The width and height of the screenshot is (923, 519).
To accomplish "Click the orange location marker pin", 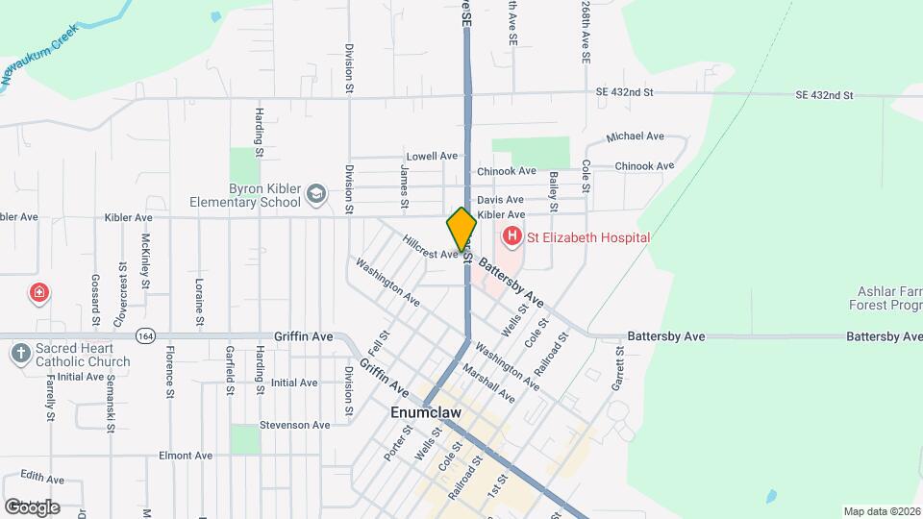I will pyautogui.click(x=461, y=229).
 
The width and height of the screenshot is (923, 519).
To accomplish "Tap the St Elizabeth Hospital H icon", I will pyautogui.click(x=511, y=236).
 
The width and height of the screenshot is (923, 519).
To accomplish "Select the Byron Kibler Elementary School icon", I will pyautogui.click(x=314, y=196).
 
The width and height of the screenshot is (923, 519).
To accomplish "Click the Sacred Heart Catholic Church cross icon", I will pyautogui.click(x=20, y=354).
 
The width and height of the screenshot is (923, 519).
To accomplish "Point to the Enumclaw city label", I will pyautogui.click(x=426, y=412).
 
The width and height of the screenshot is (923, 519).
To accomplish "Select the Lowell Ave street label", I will pyautogui.click(x=432, y=156).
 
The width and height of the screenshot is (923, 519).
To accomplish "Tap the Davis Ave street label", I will pyautogui.click(x=500, y=199).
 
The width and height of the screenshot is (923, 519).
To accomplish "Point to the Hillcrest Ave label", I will pyautogui.click(x=430, y=249).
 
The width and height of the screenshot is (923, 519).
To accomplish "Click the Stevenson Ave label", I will pyautogui.click(x=294, y=425).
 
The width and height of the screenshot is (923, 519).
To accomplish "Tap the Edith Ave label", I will pyautogui.click(x=43, y=478).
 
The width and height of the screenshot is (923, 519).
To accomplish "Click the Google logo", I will pyautogui.click(x=32, y=507).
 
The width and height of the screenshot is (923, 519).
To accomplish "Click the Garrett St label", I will pyautogui.click(x=616, y=370).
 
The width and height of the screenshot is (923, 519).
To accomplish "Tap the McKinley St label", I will pyautogui.click(x=146, y=260).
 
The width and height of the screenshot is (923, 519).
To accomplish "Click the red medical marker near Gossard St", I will pyautogui.click(x=39, y=292).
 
